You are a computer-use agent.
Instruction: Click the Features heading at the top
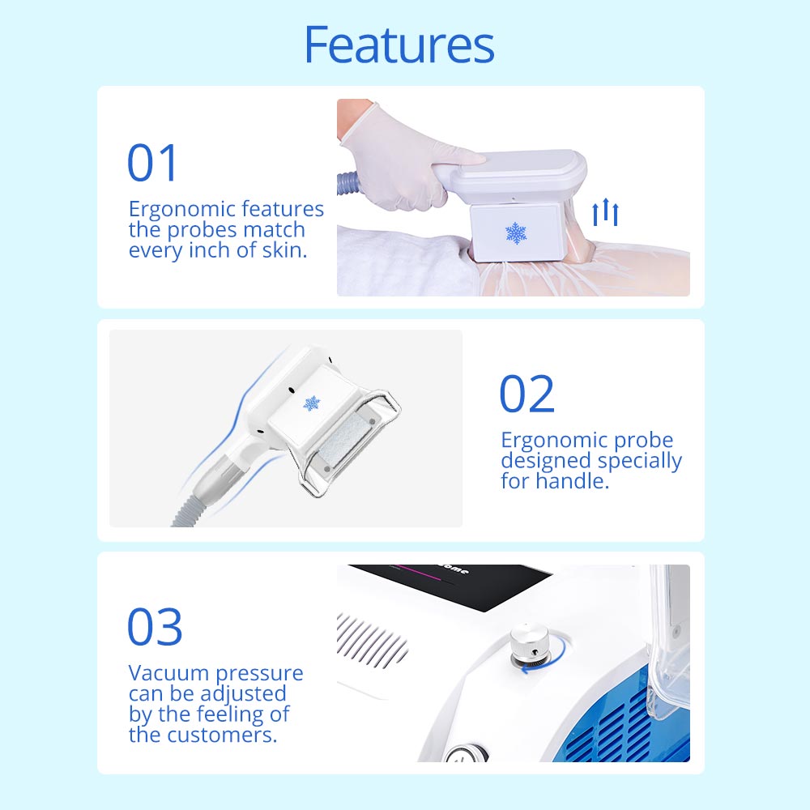399,45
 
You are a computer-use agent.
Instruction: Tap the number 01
152,163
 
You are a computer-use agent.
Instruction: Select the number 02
527,394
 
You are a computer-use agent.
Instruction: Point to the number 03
155,627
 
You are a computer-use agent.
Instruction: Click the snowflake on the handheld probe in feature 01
516,233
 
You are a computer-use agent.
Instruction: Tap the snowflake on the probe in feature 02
312,403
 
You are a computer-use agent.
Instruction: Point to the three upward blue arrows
605,211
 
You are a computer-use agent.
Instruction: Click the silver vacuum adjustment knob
528,646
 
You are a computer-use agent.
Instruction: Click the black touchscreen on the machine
454,585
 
